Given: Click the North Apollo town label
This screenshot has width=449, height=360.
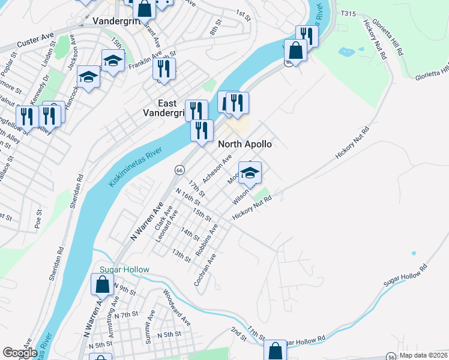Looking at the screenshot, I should [x=245, y=145].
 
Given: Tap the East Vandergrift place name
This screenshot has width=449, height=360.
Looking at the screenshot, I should [x=170, y=107].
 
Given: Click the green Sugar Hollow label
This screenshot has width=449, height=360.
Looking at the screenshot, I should [x=124, y=269].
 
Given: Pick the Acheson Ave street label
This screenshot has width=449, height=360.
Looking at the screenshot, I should [x=217, y=170].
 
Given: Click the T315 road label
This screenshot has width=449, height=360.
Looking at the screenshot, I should [x=348, y=13].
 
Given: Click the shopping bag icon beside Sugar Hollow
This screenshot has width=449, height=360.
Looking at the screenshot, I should [x=101, y=284].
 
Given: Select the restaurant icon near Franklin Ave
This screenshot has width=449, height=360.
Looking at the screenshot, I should [x=164, y=68].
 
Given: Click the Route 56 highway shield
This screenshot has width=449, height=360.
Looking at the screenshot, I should [x=391, y=356].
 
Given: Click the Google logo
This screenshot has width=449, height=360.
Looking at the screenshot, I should [x=20, y=353].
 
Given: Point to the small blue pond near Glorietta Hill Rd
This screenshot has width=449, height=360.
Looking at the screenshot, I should [x=347, y=52].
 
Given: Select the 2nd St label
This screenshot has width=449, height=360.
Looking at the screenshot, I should [x=238, y=334].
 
